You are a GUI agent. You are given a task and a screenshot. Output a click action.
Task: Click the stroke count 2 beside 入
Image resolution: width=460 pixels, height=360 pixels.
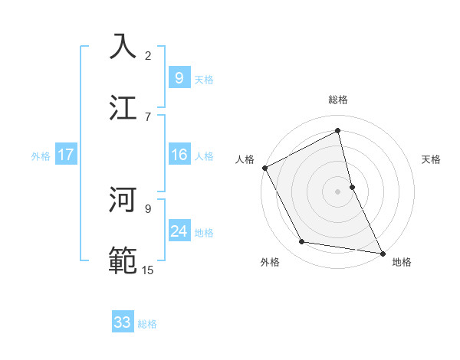[148, 56]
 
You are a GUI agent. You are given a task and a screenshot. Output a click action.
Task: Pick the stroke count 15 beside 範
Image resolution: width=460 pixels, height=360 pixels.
[148, 270]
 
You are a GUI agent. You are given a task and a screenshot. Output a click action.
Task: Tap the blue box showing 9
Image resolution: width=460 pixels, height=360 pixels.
[179, 78]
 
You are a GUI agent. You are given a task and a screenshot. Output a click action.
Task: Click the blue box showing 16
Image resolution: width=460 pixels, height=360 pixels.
[179, 155]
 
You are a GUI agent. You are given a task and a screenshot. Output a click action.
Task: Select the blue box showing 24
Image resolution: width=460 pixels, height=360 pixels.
[179, 231]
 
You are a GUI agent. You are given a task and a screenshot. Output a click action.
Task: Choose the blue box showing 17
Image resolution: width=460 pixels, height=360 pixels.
[65, 155]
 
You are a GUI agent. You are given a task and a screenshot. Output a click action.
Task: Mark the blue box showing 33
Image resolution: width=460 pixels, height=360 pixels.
[122, 322]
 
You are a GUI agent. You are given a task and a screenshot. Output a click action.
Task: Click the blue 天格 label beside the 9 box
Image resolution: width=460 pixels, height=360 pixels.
[204, 80]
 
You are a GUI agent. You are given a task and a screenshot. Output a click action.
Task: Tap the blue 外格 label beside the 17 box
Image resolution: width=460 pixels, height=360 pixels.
[41, 156]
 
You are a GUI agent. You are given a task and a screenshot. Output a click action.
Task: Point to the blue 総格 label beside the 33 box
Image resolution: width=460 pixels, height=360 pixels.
[147, 324]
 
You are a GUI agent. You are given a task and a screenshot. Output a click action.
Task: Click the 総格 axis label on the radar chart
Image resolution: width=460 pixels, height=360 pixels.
[338, 100]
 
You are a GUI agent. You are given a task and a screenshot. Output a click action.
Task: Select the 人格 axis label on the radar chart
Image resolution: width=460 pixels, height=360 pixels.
[245, 159]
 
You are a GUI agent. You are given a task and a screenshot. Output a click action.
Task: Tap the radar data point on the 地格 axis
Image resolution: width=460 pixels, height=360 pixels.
[383, 253]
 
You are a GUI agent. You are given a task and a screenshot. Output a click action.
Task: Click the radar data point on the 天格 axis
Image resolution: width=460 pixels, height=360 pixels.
[352, 186]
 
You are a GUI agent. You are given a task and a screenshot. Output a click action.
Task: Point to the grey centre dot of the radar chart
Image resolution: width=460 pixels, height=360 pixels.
[338, 191]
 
